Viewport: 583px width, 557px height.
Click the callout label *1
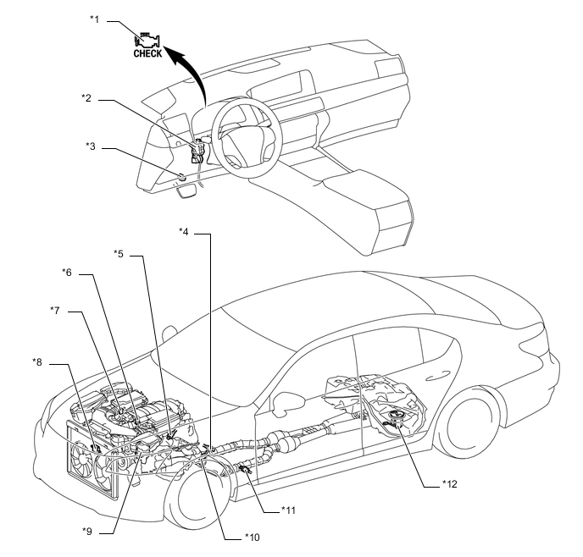(95, 19)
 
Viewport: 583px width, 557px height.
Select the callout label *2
(86, 98)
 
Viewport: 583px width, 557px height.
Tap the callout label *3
(91, 146)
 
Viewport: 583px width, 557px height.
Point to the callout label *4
(184, 232)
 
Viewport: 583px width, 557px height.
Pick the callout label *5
(119, 254)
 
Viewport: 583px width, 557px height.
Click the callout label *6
(67, 273)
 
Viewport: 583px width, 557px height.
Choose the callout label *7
(55, 311)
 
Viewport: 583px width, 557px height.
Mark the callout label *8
(37, 362)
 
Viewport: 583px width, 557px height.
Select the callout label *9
(87, 532)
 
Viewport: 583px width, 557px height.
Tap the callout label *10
(253, 538)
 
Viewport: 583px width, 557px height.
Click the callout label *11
(288, 510)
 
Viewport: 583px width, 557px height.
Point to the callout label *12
(450, 484)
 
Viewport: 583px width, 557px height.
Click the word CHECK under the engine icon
(147, 54)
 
